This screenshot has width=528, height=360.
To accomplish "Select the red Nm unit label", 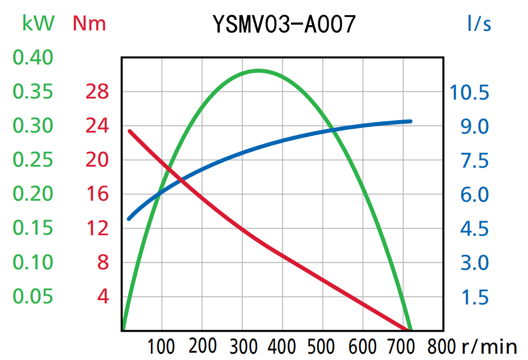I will pyautogui.click(x=89, y=23).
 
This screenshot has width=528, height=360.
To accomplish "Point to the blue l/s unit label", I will pyautogui.click(x=479, y=23).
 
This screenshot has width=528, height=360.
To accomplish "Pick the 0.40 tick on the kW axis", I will pyautogui.click(x=33, y=58).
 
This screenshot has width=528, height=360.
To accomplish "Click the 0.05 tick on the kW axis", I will pyautogui.click(x=33, y=297).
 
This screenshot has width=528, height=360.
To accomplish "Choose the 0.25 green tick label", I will pyautogui.click(x=33, y=160).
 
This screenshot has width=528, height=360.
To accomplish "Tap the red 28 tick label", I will pyautogui.click(x=97, y=92).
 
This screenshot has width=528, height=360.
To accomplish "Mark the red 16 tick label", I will pyautogui.click(x=97, y=194).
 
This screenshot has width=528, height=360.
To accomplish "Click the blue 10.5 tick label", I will pyautogui.click(x=469, y=93).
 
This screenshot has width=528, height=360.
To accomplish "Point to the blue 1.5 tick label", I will pyautogui.click(x=475, y=297).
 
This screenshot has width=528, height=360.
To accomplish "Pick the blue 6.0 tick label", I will pyautogui.click(x=475, y=194).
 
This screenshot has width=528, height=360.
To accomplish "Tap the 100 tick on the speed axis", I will pyautogui.click(x=161, y=346).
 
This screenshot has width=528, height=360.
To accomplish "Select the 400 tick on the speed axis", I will pyautogui.click(x=282, y=346).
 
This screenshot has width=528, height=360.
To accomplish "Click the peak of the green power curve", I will pyautogui.click(x=259, y=70).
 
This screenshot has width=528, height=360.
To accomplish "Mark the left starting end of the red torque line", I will pyautogui.click(x=130, y=131).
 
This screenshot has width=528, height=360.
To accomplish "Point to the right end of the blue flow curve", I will pyautogui.click(x=410, y=121).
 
